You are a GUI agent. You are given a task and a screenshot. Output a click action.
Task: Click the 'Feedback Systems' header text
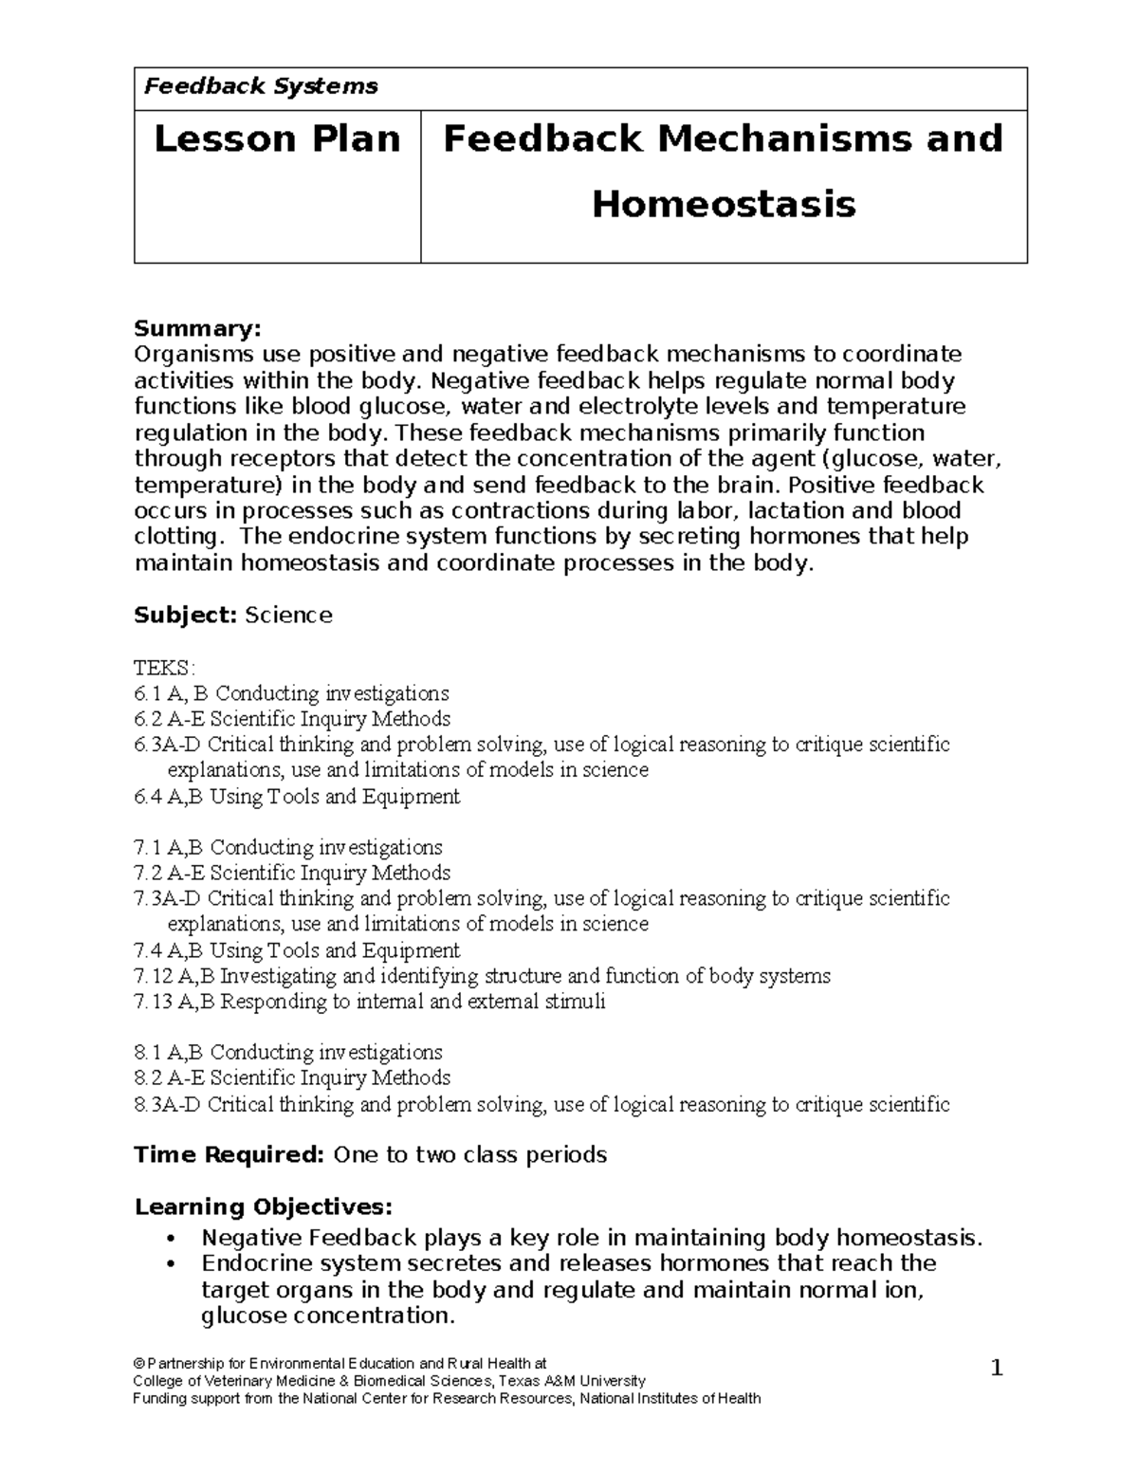pos(260,87)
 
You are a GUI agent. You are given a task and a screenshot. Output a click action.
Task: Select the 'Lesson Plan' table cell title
pos(277,139)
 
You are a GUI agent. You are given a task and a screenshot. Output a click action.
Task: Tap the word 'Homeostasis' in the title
pos(724,204)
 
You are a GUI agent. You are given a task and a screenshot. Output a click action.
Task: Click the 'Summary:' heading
pos(196,329)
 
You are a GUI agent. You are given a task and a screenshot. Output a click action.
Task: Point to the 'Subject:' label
pos(185,616)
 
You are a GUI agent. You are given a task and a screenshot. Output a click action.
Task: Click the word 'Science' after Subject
pos(288,616)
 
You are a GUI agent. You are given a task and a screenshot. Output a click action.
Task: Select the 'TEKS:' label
pos(164,668)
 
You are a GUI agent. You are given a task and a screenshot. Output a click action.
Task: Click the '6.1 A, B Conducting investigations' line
pos(291,693)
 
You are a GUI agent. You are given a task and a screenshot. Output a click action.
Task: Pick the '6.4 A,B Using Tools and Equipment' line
pos(297,797)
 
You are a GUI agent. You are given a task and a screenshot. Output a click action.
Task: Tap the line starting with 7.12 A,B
pos(482,976)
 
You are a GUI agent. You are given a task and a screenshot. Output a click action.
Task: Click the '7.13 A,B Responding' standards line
pos(370,1002)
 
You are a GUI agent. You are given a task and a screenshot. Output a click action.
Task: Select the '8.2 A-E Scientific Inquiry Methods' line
pos(292,1078)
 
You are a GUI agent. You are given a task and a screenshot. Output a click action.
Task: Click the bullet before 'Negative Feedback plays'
pos(170,1239)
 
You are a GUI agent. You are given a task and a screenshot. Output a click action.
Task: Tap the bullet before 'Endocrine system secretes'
pos(170,1264)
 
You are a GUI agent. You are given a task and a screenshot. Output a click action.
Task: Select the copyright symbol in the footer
pos(138,1364)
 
